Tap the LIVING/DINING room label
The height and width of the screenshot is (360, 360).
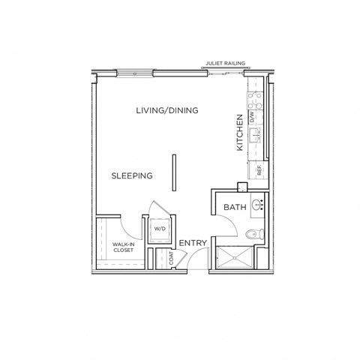tap(166, 111)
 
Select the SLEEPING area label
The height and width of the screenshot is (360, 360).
tap(132, 176)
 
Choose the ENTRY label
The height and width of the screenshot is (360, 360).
tap(193, 242)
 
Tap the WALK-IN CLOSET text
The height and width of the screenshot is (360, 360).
tap(123, 247)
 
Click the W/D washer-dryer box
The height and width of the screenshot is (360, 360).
tap(160, 229)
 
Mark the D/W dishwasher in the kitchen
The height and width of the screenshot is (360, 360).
tap(253, 118)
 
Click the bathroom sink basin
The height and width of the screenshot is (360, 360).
tap(257, 204)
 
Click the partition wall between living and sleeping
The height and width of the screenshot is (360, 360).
tap(174, 173)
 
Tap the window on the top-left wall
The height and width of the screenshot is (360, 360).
tap(136, 73)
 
